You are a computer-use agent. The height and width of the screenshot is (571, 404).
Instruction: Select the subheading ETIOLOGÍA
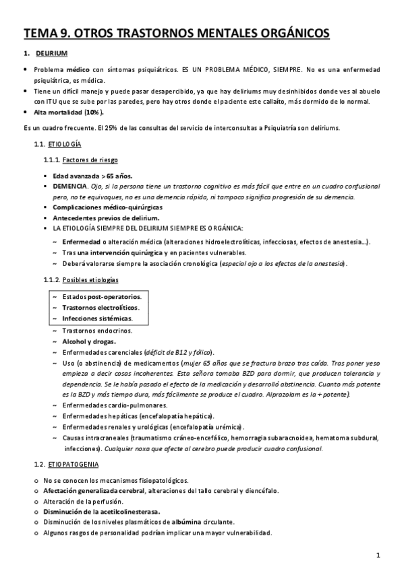[x=65, y=144]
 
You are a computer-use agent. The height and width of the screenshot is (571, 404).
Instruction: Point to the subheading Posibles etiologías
[x=90, y=279]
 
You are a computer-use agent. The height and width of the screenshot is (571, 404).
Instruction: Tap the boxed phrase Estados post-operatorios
[x=101, y=296]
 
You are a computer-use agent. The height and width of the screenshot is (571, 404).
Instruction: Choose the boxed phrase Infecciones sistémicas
[x=97, y=318]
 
